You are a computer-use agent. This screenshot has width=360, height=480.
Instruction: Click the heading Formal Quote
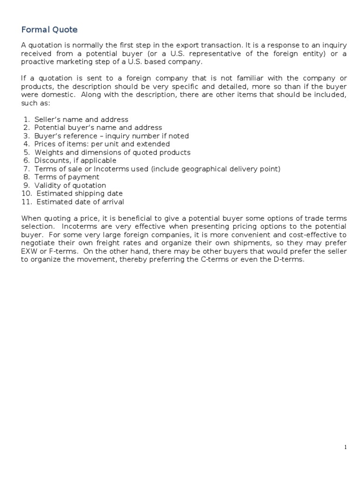pos(49,30)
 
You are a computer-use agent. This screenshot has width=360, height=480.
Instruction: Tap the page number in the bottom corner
pos(345,448)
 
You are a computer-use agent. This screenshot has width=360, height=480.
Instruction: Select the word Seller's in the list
pos(47,120)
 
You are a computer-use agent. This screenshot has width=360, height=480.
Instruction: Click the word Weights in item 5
pos(48,152)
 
